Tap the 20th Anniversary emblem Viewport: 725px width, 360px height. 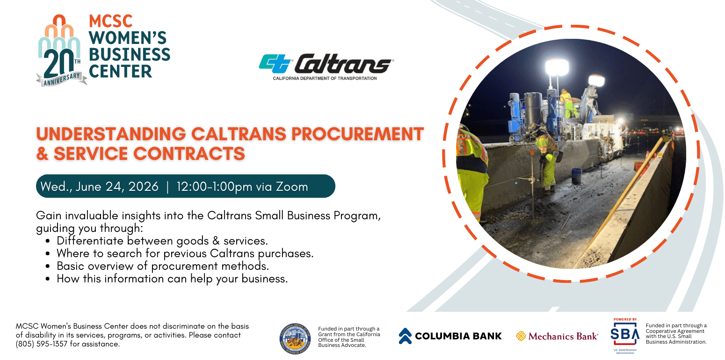[61, 51]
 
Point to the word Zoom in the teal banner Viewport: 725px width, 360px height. [291, 187]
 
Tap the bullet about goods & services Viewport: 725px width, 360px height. [162, 241]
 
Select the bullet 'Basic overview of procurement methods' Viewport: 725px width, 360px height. [163, 266]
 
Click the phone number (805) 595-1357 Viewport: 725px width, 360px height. [43, 344]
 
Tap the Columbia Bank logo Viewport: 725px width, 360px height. [450, 336]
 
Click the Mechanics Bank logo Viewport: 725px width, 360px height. [557, 336]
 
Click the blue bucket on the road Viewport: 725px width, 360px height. [576, 175]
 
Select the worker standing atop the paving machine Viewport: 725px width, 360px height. [567, 103]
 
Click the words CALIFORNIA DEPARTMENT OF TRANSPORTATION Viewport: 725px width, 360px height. [325, 78]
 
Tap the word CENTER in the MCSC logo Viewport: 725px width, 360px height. [120, 71]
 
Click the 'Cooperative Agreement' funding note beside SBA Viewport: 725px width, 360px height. [676, 334]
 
